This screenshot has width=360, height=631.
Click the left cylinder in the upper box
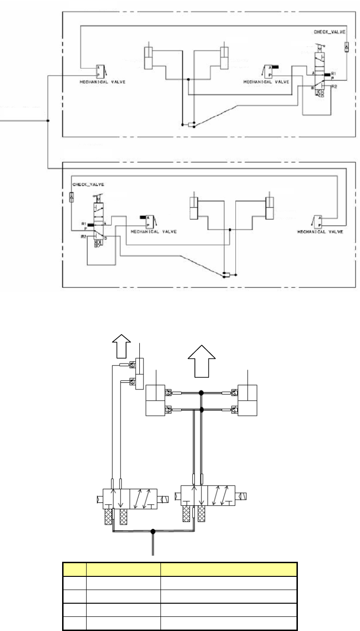click(150, 61)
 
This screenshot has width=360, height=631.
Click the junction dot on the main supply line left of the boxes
click(48, 121)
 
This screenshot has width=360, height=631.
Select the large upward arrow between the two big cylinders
click(201, 359)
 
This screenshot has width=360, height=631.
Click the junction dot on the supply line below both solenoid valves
click(152, 532)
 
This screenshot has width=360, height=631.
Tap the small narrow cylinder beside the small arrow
click(139, 373)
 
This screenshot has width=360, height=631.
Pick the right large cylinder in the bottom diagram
click(248, 400)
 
